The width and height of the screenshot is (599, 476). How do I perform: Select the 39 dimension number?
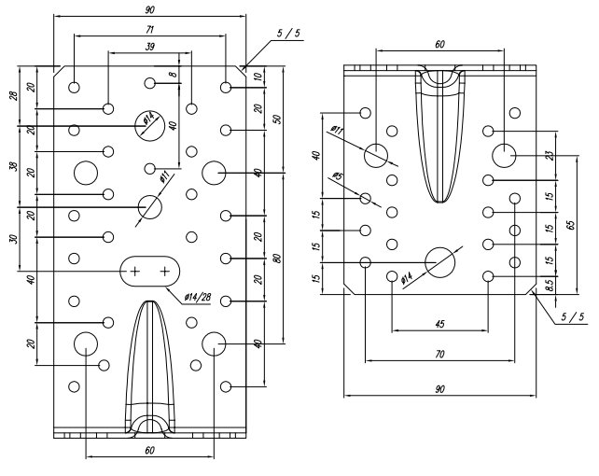tap(150, 46)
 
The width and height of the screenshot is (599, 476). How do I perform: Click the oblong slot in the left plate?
tap(150, 271)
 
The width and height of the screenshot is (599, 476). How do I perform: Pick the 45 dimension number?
tap(439, 325)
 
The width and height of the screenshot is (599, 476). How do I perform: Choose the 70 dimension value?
tap(439, 355)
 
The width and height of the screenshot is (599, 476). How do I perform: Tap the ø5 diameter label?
tap(338, 177)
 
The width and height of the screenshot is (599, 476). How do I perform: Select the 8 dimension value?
tap(174, 72)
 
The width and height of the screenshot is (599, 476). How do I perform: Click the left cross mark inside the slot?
tap(135, 272)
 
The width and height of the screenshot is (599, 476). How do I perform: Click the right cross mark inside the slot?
tap(165, 272)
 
